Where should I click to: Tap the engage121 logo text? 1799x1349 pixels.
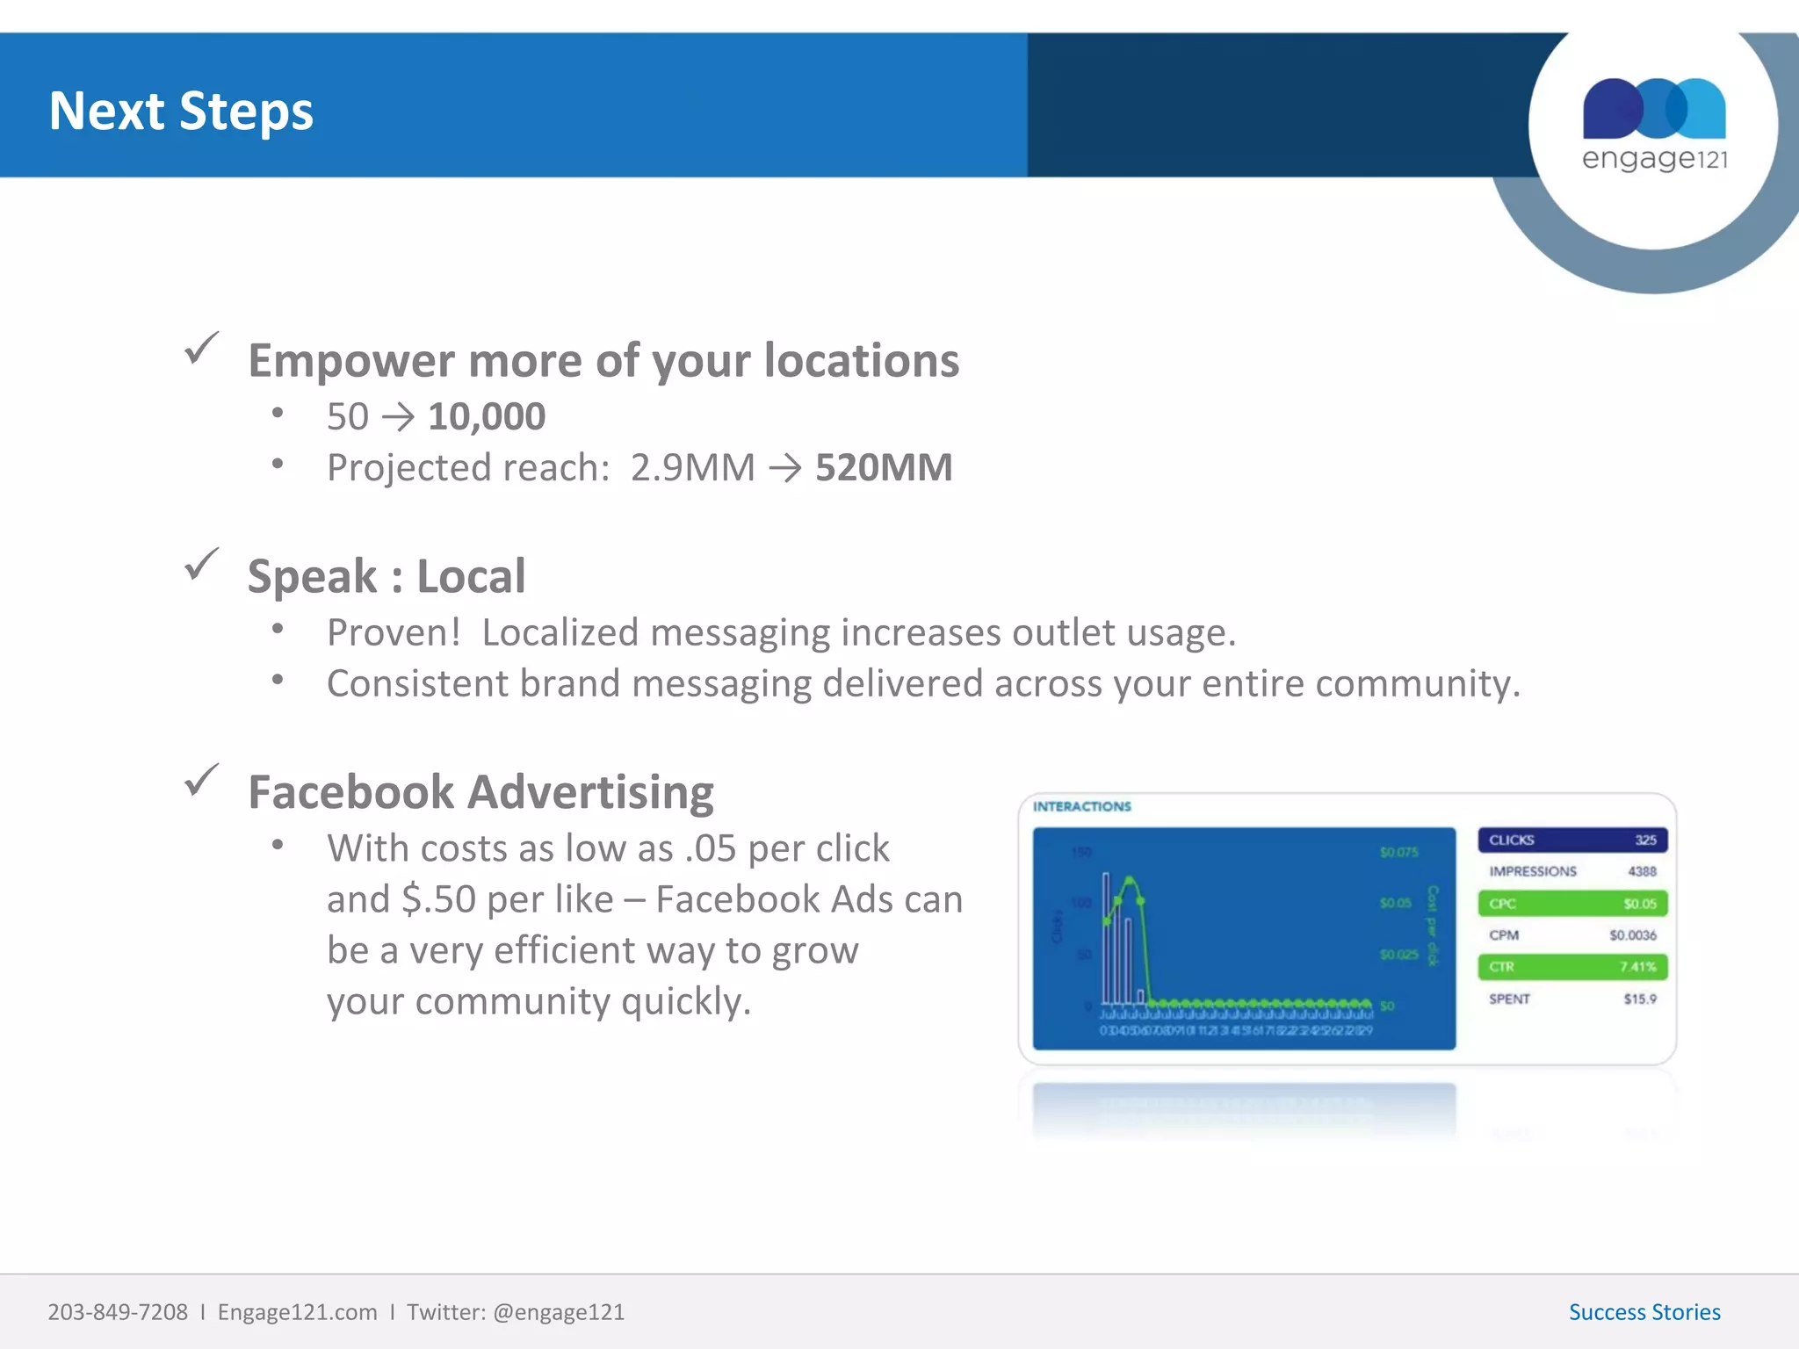click(x=1654, y=159)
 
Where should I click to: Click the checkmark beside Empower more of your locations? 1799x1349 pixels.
click(x=201, y=349)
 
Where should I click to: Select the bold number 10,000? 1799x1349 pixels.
click(x=487, y=416)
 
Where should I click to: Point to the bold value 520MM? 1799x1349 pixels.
click(x=884, y=467)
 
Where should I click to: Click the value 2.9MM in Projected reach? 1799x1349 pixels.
click(x=692, y=467)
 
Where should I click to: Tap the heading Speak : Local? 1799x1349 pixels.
click(x=387, y=576)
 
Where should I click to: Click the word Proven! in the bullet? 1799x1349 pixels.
click(x=394, y=632)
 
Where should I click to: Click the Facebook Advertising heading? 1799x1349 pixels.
click(x=480, y=791)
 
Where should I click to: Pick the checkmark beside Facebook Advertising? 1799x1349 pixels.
click(x=201, y=780)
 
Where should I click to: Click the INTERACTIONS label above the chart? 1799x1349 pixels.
click(x=1081, y=806)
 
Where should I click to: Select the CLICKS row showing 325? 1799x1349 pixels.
click(x=1571, y=840)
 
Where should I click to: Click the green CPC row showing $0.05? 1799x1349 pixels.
click(x=1571, y=903)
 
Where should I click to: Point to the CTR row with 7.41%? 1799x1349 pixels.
click(x=1571, y=967)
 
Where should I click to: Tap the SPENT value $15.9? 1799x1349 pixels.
click(x=1639, y=999)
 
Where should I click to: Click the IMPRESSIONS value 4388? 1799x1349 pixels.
click(x=1641, y=871)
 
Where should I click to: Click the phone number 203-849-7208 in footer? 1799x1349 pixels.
click(x=118, y=1312)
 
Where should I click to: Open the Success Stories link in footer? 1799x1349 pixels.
click(x=1644, y=1312)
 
